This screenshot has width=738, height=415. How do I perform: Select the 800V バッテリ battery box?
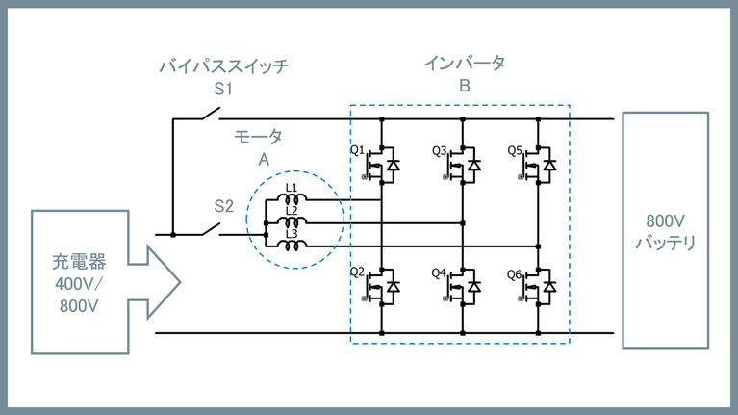coord(665,230)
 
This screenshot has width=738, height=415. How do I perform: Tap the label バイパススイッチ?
coord(223,66)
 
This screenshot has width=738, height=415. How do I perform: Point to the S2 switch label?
coord(223,206)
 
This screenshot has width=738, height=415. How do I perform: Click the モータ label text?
coord(259,137)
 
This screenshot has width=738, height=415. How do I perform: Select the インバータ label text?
coord(465,63)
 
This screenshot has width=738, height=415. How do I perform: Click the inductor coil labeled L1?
coord(293,200)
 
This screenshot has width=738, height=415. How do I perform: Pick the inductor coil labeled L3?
coord(293,246)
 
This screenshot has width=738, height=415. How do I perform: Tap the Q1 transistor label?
coord(356,151)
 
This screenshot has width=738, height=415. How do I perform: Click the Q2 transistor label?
coord(356,272)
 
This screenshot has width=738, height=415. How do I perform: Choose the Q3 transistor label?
coord(439,151)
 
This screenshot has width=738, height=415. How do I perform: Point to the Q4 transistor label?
coord(439,272)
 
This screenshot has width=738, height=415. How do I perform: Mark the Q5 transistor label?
coord(517,151)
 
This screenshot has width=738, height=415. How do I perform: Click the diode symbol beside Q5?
coord(549,166)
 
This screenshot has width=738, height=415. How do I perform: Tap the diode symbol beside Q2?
coord(393,287)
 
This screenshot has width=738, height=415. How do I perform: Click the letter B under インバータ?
coord(465,86)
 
